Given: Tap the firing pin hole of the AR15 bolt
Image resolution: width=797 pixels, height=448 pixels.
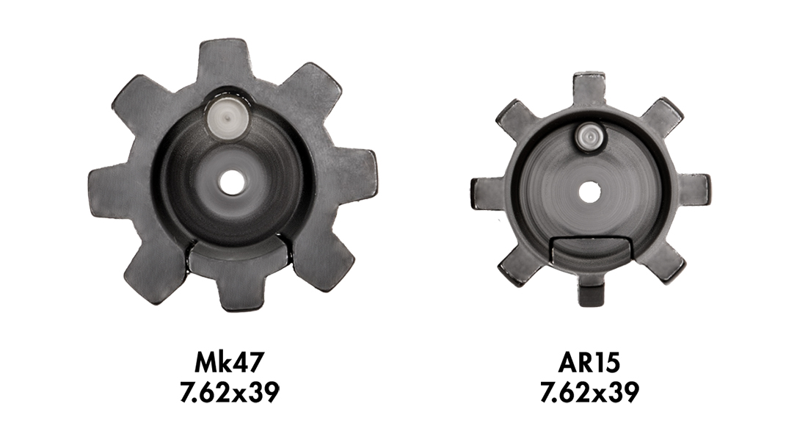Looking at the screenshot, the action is (589, 192).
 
